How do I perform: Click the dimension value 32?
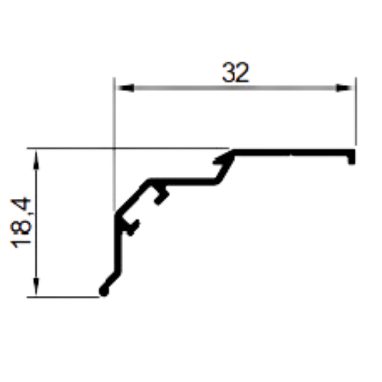tap(235, 73)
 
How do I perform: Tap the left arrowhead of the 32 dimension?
tap(126, 88)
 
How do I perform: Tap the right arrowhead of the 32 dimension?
tap(344, 88)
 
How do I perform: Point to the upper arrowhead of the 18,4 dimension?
tap(36, 160)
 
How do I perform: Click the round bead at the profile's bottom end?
tap(104, 291)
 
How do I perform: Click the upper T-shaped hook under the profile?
tap(161, 195)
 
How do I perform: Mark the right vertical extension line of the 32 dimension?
tap(356, 111)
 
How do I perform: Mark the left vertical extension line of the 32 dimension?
tap(114, 144)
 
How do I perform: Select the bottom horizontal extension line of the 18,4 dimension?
tap(63, 297)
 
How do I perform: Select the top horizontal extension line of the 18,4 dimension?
tap(128, 148)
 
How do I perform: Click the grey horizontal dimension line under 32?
tap(235, 88)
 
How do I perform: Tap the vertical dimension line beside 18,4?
tap(36, 223)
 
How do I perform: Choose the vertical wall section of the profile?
tap(117, 244)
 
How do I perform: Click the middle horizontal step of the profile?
tap(183, 182)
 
